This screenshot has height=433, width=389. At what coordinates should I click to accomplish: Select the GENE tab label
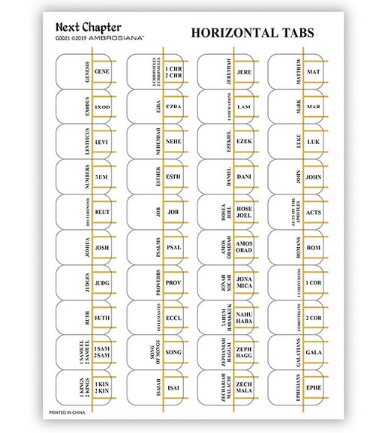pos(102,72)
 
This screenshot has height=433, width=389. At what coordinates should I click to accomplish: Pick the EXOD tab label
pos(102,107)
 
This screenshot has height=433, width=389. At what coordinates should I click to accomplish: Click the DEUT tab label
pos(102,212)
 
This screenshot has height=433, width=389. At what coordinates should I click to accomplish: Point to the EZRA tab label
pos(173,107)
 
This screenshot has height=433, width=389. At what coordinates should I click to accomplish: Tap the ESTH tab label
pos(173,177)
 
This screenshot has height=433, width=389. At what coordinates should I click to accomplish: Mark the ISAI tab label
pos(173,388)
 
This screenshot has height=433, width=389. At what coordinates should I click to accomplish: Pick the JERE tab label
pos(244,72)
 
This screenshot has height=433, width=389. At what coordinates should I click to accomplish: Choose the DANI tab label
pos(244,177)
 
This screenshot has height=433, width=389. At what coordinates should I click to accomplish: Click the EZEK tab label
pos(244,141)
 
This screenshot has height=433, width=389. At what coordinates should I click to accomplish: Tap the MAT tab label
pos(314,72)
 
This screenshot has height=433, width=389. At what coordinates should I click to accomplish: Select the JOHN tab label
pos(314,177)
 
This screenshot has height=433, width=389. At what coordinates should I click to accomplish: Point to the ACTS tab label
pos(314,212)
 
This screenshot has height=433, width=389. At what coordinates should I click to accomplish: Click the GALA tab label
pos(314,353)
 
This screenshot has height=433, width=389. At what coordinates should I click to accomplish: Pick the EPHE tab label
pos(314,388)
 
